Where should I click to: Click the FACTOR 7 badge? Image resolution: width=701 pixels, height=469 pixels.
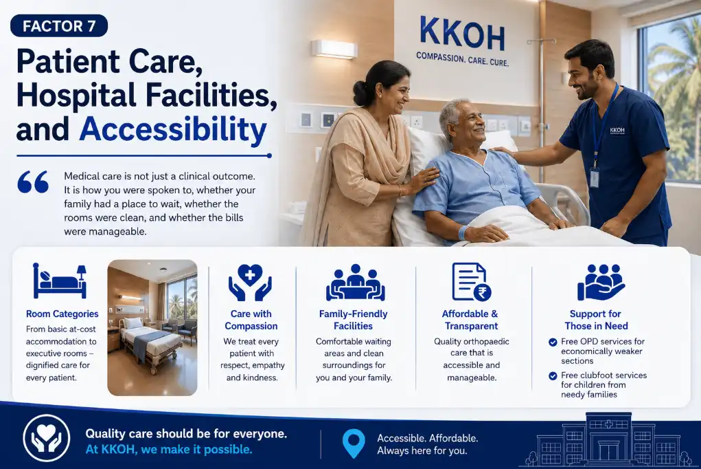(x=59, y=26)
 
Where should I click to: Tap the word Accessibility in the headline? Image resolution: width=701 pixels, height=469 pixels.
(x=173, y=129)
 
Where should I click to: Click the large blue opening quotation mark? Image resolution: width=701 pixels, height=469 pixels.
(x=33, y=182)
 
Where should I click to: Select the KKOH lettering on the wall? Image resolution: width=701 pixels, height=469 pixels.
(x=462, y=34)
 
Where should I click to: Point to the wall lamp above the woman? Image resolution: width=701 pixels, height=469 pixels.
(x=334, y=49)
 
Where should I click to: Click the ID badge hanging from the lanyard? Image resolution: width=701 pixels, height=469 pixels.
(x=594, y=177)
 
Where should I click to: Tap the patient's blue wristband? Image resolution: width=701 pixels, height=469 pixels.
(x=463, y=232)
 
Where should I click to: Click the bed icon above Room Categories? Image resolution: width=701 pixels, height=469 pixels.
(x=60, y=281)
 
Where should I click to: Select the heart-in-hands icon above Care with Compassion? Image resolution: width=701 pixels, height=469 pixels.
(x=251, y=282)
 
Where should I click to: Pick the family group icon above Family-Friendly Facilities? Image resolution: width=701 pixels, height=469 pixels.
(x=356, y=283)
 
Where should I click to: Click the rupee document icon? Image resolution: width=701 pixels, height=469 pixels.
(x=471, y=282)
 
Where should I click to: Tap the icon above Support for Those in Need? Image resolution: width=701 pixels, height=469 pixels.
(x=601, y=282)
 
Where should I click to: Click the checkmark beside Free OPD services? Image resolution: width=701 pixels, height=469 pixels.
(x=553, y=342)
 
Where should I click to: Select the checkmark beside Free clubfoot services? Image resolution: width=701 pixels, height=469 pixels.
(x=553, y=376)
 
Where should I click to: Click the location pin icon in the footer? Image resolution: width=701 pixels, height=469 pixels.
(x=354, y=444)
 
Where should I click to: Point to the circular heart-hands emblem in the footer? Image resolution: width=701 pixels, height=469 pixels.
(x=47, y=438)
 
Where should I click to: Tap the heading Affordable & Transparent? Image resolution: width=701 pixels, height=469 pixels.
(x=471, y=320)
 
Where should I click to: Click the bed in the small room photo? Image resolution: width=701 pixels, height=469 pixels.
(x=150, y=342)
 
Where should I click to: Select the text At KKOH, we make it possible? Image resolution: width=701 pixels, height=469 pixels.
(x=168, y=449)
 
